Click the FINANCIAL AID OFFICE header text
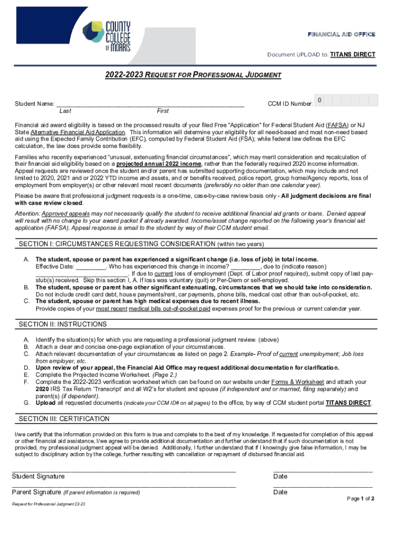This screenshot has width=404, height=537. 341,34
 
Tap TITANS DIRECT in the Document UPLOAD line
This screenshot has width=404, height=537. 353,55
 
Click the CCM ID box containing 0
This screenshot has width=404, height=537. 320,100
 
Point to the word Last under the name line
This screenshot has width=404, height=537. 66,111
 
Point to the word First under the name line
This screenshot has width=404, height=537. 163,111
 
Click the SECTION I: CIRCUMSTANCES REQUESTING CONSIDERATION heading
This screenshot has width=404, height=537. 117,244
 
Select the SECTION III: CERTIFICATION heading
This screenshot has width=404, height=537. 64,419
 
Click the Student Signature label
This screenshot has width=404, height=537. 38,476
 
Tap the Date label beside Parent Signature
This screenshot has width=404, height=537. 280,492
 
